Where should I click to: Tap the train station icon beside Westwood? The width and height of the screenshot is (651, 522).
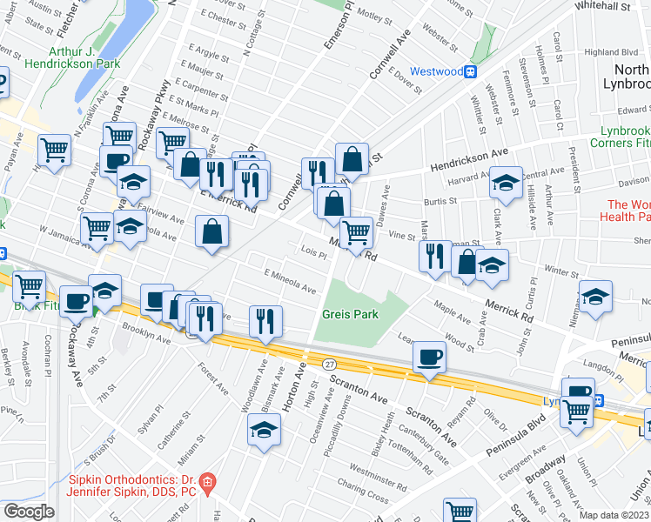click(x=471, y=71)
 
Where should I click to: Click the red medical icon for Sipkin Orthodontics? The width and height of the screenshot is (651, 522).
click(x=207, y=481)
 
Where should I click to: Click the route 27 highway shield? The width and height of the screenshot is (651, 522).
click(x=329, y=362)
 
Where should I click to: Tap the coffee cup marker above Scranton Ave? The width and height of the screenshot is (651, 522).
click(x=430, y=357)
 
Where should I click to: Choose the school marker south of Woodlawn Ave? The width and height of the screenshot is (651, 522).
click(x=264, y=430)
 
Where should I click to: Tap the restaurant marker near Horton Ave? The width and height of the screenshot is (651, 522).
click(x=265, y=321)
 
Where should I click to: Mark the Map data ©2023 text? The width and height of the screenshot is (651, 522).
click(x=613, y=515)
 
